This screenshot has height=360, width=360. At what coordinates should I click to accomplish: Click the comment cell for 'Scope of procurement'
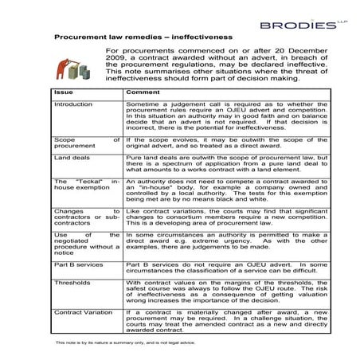coord(215,143)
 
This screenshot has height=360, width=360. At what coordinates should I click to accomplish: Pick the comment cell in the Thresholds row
coord(215,292)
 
